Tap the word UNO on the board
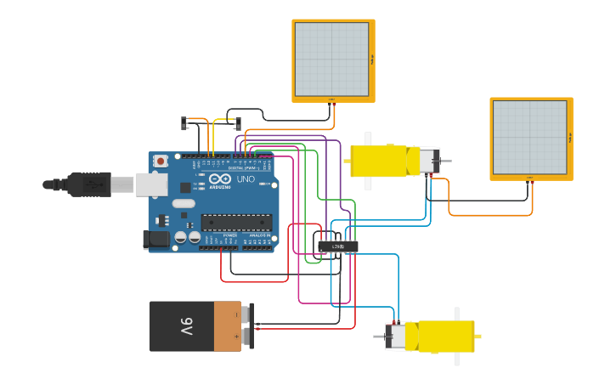pyautogui.click(x=246, y=179)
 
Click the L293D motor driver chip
pyautogui.click(x=338, y=246)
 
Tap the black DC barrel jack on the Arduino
pyautogui.click(x=157, y=240)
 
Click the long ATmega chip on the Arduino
pyautogui.click(x=236, y=223)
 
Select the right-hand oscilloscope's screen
pyautogui.click(x=529, y=138)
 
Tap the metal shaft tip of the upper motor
pyautogui.click(x=446, y=161)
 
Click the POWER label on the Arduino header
pyautogui.click(x=229, y=235)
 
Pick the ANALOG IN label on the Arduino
pyautogui.click(x=259, y=235)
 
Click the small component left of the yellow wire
pyautogui.click(x=184, y=123)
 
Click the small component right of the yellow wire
pyautogui.click(x=237, y=123)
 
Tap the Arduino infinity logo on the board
pyautogui.click(x=218, y=179)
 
